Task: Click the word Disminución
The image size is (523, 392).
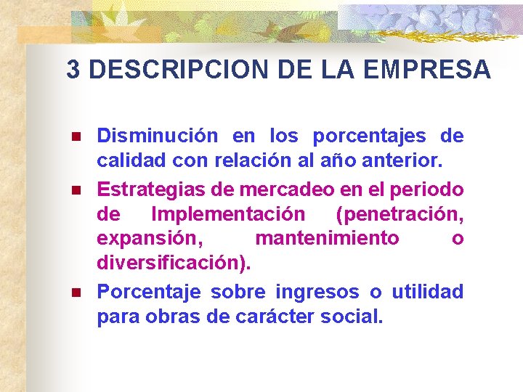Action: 157,136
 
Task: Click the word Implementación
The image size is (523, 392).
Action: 227,214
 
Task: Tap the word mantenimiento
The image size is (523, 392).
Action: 327,240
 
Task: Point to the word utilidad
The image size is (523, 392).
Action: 427,292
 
